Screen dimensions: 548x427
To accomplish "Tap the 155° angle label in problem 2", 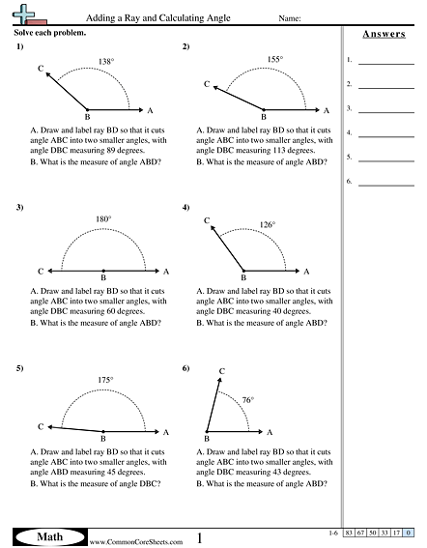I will click(x=275, y=60).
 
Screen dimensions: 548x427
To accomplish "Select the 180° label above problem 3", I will click(x=103, y=219).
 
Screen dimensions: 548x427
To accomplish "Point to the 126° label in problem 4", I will click(x=268, y=225).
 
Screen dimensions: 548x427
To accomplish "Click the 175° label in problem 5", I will click(x=104, y=380).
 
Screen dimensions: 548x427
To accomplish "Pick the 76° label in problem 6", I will click(x=247, y=400).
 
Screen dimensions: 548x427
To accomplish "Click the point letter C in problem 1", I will click(x=41, y=69).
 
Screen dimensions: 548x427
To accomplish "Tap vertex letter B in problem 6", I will click(x=207, y=440).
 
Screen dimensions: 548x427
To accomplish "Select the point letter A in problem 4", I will click(x=306, y=273).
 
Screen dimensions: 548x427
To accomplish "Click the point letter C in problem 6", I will click(x=222, y=371).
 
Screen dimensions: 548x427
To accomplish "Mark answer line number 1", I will click(x=385, y=61).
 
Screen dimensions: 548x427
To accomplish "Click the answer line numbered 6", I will click(x=385, y=181).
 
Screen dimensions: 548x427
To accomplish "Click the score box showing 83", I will click(x=352, y=534).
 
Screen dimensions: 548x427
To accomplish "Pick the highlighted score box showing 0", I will click(x=410, y=534).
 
